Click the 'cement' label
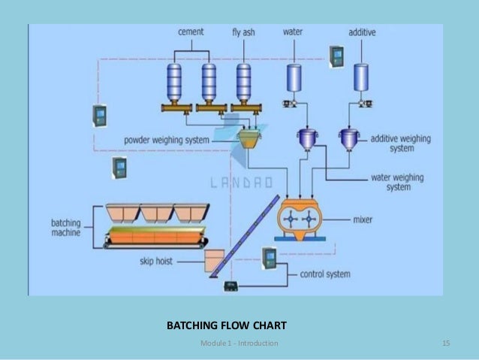(191, 32)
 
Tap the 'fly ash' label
(243, 32)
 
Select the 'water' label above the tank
(293, 32)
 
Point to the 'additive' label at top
(362, 32)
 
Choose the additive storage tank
(362, 77)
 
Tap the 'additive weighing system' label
(402, 144)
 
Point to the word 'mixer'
(363, 221)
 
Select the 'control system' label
(324, 274)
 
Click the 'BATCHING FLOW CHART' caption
(226, 326)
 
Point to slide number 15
(446, 343)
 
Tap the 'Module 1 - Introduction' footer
(239, 343)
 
